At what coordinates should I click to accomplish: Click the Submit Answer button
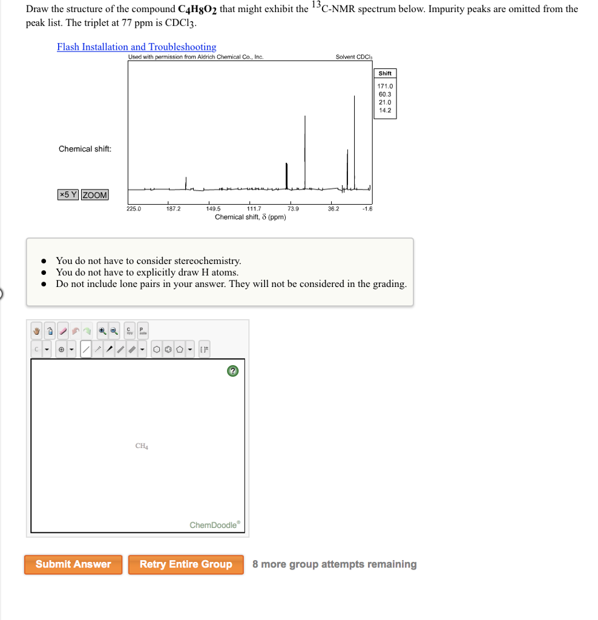coord(73,564)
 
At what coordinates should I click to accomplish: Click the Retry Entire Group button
coord(186,564)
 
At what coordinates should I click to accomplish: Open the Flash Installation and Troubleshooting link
coord(136,47)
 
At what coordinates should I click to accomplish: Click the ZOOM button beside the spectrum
coord(95,195)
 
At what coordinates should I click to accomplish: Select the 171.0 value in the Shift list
coord(386,87)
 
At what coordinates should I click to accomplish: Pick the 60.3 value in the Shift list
coord(385,94)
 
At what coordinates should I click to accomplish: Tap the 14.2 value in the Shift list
coord(385,110)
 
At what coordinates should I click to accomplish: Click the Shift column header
coord(385,73)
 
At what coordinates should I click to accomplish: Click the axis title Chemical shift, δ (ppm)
coord(251,217)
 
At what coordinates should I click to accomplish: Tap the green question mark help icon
coord(233,371)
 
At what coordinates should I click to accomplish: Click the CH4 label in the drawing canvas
coord(142,446)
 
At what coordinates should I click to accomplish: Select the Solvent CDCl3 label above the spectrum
coord(354,58)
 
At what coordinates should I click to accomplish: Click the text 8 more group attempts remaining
coord(334,564)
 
